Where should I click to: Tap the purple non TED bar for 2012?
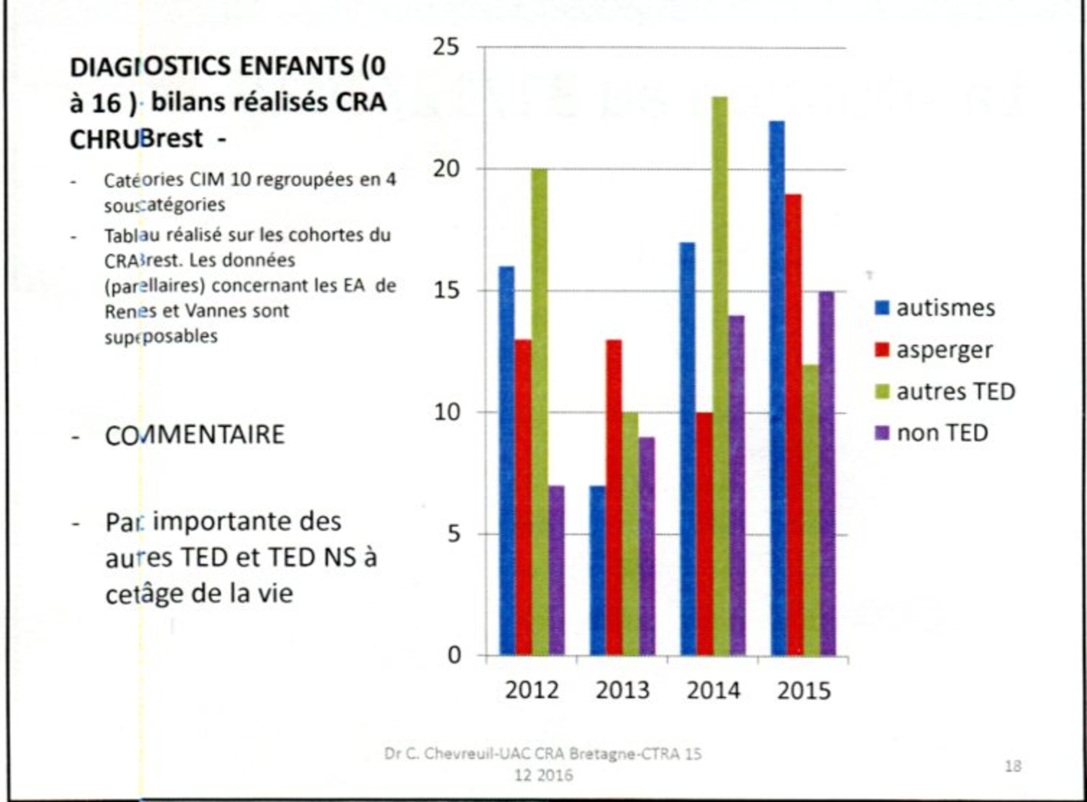point(556,570)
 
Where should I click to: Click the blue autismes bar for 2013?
point(597,570)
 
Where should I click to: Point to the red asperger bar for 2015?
point(794,425)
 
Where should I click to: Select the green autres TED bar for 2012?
point(539,412)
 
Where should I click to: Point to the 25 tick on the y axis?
point(446,47)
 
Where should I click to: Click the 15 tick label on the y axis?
point(446,291)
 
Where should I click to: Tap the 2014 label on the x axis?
point(713,690)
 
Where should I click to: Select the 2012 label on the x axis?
point(532,690)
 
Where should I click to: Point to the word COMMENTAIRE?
point(195,435)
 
